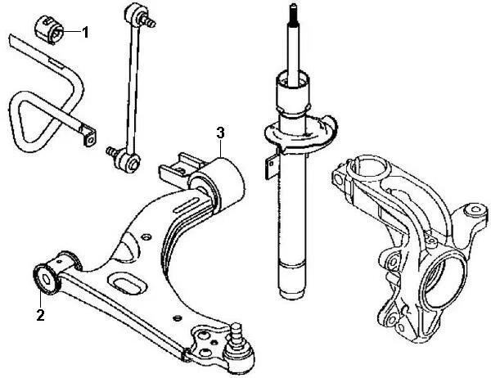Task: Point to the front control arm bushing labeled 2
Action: coord(47,275)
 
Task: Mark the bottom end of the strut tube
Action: coord(293,292)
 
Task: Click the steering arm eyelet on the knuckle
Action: coord(472,214)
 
